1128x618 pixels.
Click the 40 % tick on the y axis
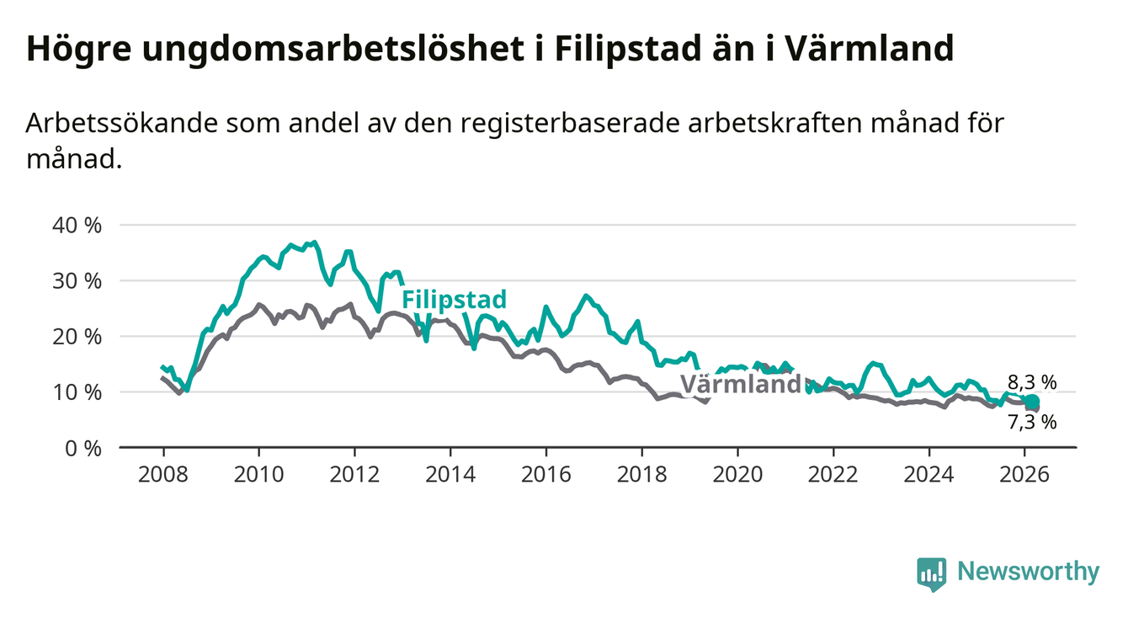coord(77,226)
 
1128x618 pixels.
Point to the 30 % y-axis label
coord(77,281)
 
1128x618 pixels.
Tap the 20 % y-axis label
coord(77,337)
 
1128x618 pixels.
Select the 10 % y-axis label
coord(77,392)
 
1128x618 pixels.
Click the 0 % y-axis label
coord(82,448)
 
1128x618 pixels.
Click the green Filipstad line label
coord(454,300)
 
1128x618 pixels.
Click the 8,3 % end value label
coord(1031,383)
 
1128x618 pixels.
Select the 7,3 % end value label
coord(1031,422)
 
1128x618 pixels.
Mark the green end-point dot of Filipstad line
coord(1032,402)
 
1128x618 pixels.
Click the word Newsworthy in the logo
coord(1029,573)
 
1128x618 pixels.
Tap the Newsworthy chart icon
coord(930,573)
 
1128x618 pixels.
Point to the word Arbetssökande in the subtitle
coord(119,123)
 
